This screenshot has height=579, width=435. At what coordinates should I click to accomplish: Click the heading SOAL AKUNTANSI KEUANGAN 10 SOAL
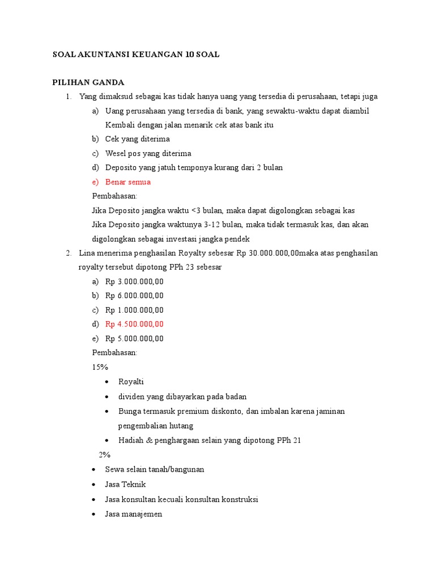point(135,54)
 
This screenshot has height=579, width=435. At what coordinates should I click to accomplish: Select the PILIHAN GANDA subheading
point(88,83)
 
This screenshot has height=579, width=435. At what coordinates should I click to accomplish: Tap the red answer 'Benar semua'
point(128,182)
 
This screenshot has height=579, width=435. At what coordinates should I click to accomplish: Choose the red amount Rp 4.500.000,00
point(134,324)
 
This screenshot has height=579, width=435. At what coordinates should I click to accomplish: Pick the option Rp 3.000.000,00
point(134,281)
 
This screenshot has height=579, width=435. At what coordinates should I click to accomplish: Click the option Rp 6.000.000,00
point(134,295)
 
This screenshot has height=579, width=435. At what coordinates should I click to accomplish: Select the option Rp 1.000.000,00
point(134,310)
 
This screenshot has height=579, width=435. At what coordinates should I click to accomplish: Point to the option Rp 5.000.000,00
point(134,339)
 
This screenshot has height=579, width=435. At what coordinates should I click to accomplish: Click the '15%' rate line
point(100,367)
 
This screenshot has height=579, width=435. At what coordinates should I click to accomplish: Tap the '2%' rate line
point(105,455)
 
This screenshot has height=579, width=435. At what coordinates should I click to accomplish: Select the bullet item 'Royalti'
point(131,382)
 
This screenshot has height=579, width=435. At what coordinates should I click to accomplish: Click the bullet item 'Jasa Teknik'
point(125,484)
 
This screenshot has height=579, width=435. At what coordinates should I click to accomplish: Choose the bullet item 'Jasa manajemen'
point(134,514)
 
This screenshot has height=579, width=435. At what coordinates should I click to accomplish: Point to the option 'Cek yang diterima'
point(137,139)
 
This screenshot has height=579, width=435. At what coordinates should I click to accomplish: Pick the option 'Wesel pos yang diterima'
point(148,153)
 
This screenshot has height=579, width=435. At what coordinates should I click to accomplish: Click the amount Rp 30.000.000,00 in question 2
point(267,253)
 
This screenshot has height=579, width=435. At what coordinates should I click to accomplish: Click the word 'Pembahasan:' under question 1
point(114,196)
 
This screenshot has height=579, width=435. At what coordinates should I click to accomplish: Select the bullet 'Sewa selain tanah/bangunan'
point(155,469)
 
